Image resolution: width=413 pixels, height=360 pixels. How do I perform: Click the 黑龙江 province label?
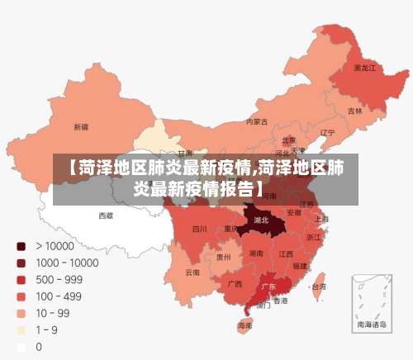point(364,67)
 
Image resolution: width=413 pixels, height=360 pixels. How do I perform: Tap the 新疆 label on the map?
point(81,127)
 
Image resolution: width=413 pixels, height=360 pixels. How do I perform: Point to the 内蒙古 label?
point(257,121)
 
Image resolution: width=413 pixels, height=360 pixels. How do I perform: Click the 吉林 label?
point(354,111)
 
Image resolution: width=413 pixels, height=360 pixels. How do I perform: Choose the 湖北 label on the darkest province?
point(261,220)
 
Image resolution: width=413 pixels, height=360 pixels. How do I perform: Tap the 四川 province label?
point(199,229)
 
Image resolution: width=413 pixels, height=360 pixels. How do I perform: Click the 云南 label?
point(192,272)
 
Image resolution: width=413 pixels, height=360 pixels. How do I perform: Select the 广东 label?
point(268,287)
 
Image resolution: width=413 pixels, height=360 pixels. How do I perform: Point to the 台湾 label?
point(316,287)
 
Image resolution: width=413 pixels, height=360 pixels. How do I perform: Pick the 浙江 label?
point(314,237)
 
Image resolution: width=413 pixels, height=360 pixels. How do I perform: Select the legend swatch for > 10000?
point(21,246)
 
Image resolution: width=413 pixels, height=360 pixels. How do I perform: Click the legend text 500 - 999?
point(58,279)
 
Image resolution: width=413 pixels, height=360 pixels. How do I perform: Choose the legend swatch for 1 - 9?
point(21,330)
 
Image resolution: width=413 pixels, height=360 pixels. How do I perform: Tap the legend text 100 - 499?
point(58,296)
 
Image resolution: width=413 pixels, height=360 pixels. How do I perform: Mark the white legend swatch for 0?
point(21,347)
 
